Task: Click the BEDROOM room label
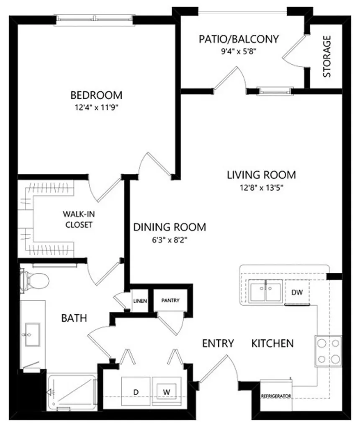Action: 96,95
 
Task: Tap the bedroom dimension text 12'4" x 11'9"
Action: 96,108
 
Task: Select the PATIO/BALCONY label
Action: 239,39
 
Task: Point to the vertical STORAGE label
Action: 327,57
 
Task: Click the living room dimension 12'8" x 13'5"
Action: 261,188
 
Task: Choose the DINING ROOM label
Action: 170,227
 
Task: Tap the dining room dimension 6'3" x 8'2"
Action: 170,240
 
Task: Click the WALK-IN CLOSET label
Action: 79,220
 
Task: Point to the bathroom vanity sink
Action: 33,334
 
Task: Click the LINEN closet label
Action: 140,301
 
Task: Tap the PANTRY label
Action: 170,300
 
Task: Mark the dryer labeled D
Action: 136,392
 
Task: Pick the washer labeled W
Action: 167,392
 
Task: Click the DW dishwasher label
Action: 297,292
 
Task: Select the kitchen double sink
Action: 265,290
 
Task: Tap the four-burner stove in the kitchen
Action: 329,351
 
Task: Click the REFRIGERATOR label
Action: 276,396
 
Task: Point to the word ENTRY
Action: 218,343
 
